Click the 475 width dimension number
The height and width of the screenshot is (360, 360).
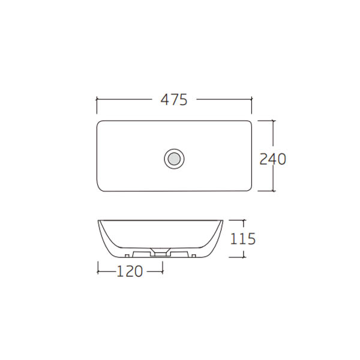coord(174,100)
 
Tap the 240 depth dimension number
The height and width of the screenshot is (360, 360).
coord(273,159)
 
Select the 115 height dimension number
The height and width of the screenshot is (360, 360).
coord(243,239)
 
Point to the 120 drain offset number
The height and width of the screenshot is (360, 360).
coord(130,271)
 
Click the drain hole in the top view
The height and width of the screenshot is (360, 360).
coord(174,159)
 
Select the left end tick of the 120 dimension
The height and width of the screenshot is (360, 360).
coord(98,271)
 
